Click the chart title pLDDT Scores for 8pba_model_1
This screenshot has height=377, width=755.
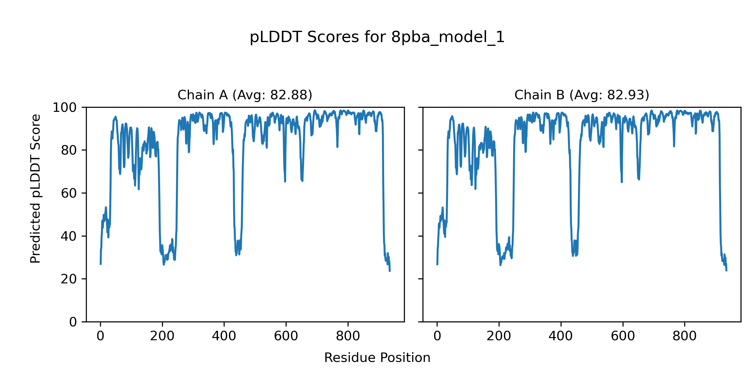pyautogui.click(x=377, y=37)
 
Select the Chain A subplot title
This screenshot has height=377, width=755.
pyautogui.click(x=245, y=95)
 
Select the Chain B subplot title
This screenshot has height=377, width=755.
pyautogui.click(x=582, y=95)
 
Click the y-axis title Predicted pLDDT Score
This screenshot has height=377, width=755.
pyautogui.click(x=36, y=188)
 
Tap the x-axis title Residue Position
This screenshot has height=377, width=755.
pyautogui.click(x=377, y=358)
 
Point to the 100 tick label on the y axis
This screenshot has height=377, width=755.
pyautogui.click(x=64, y=108)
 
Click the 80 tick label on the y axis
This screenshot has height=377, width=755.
pyautogui.click(x=69, y=150)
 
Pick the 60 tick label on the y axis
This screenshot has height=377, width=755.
pyautogui.click(x=69, y=194)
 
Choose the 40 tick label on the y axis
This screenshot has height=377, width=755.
pyautogui.click(x=69, y=236)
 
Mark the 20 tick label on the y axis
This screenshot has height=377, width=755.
pyautogui.click(x=69, y=279)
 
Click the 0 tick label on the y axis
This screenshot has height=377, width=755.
pyautogui.click(x=73, y=322)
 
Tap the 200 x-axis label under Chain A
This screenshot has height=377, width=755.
pyautogui.click(x=162, y=336)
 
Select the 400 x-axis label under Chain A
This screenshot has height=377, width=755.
pyautogui.click(x=224, y=336)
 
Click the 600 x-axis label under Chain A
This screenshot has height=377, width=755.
pyautogui.click(x=286, y=336)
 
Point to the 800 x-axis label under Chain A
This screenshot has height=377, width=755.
pyautogui.click(x=348, y=336)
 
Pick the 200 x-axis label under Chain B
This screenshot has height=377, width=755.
pyautogui.click(x=499, y=336)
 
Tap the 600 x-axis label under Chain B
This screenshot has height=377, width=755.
pyautogui.click(x=623, y=336)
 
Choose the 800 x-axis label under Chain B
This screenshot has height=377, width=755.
pyautogui.click(x=685, y=336)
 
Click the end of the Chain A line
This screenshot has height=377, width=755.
pyautogui.click(x=390, y=271)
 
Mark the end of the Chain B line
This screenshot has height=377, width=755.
pyautogui.click(x=726, y=270)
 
